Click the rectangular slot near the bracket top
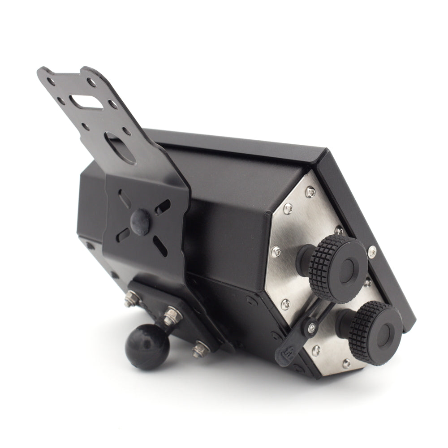[86, 102]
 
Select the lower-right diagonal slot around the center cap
[159, 246]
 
